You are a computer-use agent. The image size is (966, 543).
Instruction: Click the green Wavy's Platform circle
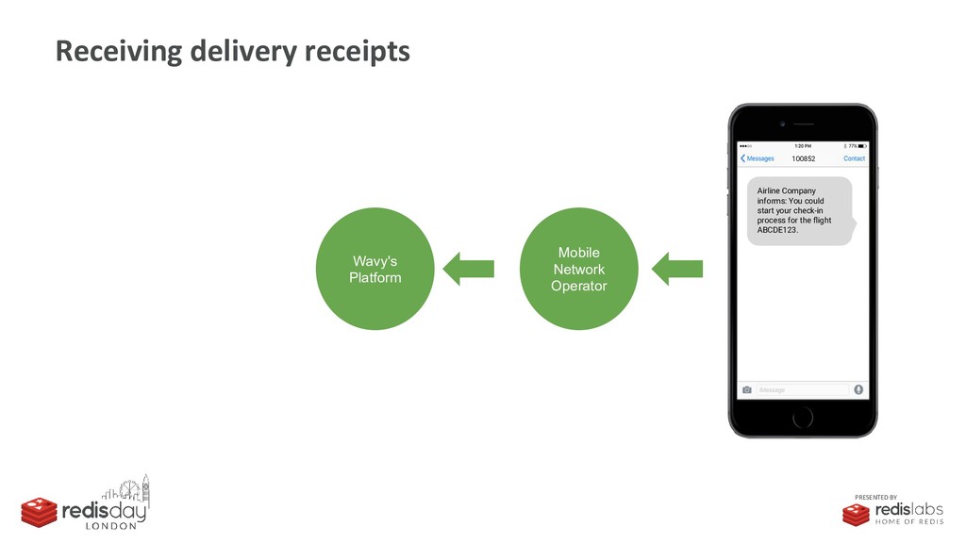click(x=375, y=269)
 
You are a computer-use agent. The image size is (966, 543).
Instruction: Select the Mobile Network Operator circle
click(x=578, y=269)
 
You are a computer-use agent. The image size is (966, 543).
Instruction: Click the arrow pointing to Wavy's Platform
click(x=468, y=269)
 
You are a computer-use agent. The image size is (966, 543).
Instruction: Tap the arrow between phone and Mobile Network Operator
click(x=676, y=269)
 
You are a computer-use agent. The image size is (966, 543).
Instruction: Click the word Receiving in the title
click(x=118, y=51)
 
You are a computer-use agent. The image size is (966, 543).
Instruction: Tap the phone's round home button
click(x=802, y=415)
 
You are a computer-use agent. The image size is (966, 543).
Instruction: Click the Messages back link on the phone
click(x=758, y=158)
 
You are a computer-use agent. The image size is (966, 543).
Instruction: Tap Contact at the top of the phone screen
click(x=853, y=158)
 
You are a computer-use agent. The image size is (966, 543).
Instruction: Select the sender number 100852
click(x=803, y=158)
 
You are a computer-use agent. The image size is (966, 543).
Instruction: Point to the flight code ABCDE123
click(x=777, y=230)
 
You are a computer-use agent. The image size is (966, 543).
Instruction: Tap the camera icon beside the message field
click(x=747, y=389)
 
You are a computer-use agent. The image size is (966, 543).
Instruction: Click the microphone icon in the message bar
click(x=858, y=389)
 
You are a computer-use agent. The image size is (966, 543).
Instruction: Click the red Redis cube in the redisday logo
click(x=40, y=512)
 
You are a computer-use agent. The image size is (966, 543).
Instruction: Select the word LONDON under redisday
click(x=111, y=526)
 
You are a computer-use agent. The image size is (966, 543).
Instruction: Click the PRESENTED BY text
click(x=876, y=497)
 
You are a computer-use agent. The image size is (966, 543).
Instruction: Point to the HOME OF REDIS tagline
click(x=908, y=522)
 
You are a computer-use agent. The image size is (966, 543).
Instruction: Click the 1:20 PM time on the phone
click(x=802, y=146)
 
